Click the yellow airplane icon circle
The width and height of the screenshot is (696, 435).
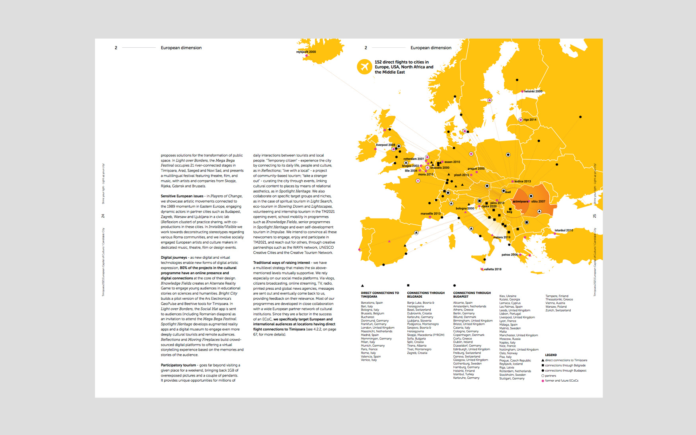364,67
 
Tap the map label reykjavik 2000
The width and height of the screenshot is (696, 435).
306,52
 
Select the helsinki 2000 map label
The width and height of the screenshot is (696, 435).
533,92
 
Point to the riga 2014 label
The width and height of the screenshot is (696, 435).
530,120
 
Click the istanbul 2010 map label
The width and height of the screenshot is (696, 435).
564,230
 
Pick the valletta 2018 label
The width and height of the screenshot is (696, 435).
492,269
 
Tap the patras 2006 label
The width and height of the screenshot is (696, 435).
509,255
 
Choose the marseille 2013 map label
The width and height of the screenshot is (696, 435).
430,214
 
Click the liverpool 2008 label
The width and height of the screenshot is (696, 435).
385,145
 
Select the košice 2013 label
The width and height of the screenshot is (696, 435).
522,181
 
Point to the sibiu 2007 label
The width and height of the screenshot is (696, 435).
538,201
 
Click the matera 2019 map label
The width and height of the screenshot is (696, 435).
502,238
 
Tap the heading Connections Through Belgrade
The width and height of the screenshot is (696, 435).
426,295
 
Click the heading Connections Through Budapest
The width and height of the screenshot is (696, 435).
472,295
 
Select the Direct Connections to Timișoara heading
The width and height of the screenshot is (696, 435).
379,295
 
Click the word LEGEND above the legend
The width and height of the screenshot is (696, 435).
550,355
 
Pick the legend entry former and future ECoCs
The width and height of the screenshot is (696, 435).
561,381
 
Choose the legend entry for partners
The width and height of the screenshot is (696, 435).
550,376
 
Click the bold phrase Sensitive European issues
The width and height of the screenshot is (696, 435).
182,196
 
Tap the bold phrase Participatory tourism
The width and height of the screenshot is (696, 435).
178,365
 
